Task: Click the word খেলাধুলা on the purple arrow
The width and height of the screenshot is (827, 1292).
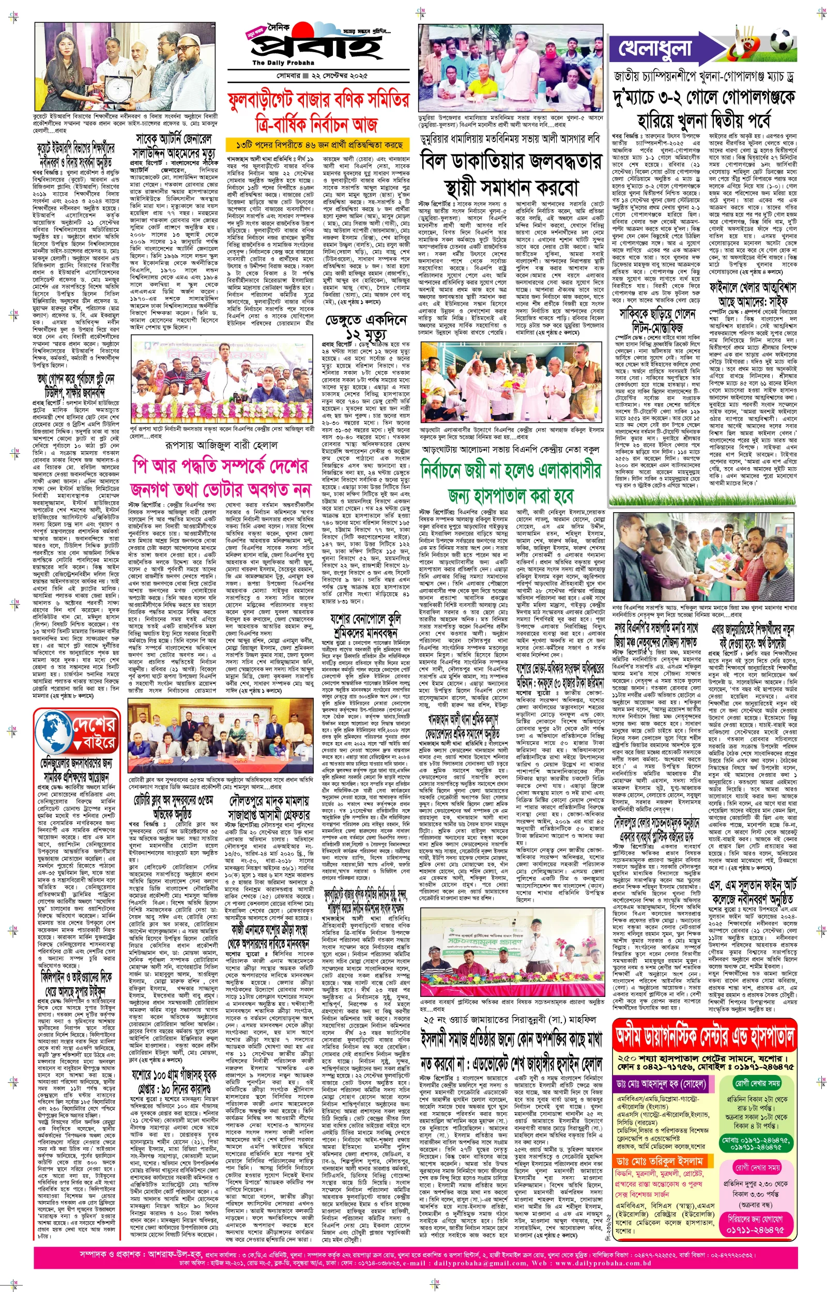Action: tap(655, 49)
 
